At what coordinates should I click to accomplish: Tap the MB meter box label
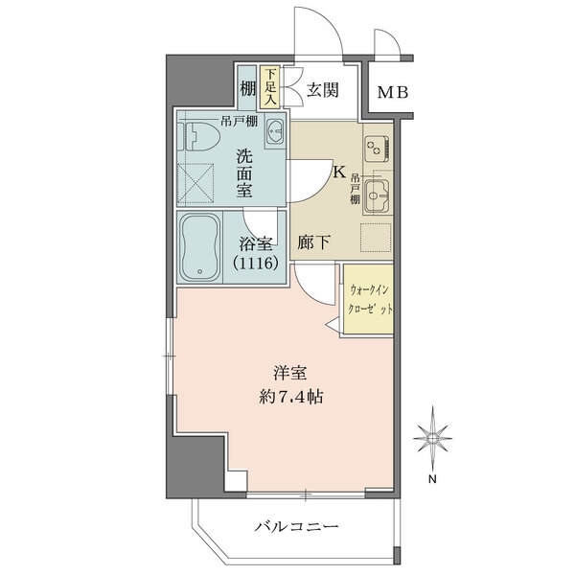tap(391, 93)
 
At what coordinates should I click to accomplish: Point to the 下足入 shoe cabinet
tap(271, 86)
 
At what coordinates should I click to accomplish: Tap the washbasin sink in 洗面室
tap(272, 133)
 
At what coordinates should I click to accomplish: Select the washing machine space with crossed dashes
tap(201, 181)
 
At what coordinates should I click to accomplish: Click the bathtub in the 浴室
tap(201, 247)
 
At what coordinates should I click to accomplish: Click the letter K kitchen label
tap(338, 172)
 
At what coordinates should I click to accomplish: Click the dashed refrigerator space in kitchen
tap(375, 238)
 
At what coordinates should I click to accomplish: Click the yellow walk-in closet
tap(367, 299)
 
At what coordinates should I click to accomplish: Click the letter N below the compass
tap(433, 479)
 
